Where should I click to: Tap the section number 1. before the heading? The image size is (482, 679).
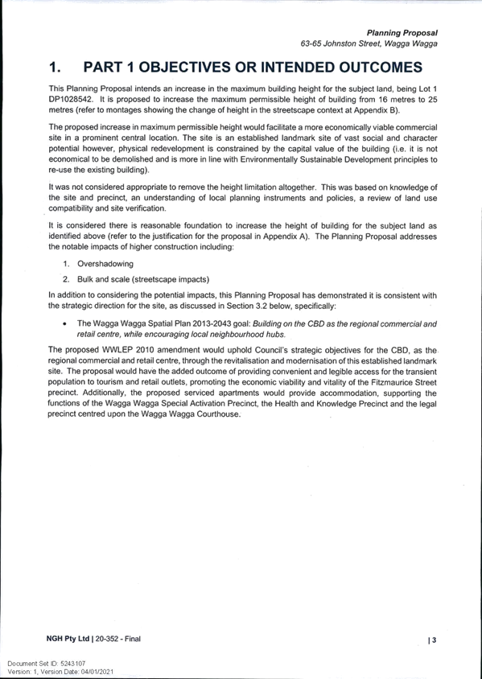coord(55,67)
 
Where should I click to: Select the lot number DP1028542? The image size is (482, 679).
coord(70,99)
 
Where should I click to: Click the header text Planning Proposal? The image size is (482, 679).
coord(402,33)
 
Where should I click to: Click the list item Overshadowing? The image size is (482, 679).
coord(105,264)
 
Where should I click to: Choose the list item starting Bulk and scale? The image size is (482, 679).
coord(143,279)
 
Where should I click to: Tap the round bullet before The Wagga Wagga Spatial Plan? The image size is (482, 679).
coord(64,324)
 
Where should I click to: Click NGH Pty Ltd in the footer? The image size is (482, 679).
coord(68,639)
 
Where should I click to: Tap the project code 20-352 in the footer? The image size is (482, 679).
coord(106,639)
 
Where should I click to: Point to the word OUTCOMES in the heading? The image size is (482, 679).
coord(381,67)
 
